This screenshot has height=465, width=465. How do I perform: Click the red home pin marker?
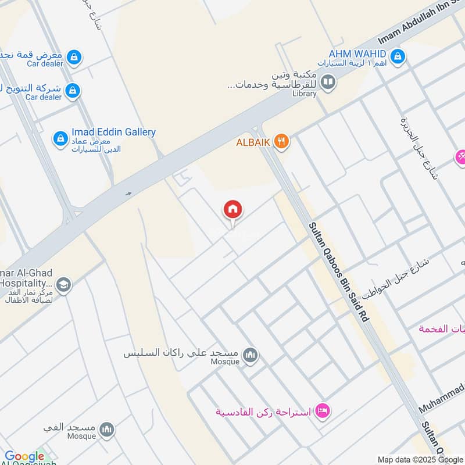click(x=233, y=210)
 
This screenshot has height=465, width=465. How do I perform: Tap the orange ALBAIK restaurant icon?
click(x=281, y=141)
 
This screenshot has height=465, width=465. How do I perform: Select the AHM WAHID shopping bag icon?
click(x=398, y=56)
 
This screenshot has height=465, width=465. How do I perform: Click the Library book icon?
click(x=328, y=83)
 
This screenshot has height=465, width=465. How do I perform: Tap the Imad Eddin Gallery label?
click(x=113, y=132)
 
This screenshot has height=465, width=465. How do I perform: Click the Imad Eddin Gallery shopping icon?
click(x=60, y=138)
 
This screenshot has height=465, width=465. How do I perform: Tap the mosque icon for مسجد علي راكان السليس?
click(x=251, y=355)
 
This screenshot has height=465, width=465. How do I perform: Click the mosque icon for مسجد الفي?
click(x=106, y=430)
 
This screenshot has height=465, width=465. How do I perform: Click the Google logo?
click(x=24, y=456)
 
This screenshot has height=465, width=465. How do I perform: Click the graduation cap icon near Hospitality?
click(x=64, y=285)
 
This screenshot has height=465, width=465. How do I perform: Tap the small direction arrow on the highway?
click(x=128, y=194)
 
